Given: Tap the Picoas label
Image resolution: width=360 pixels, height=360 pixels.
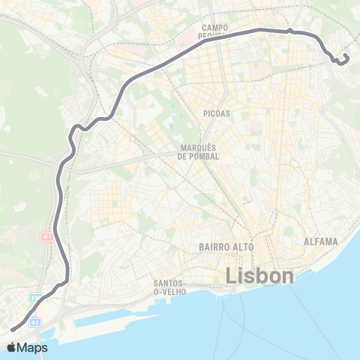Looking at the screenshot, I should [x=215, y=113].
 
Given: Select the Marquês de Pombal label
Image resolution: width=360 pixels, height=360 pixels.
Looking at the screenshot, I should [x=198, y=151].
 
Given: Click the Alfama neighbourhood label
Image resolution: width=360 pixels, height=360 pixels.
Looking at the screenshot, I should [x=321, y=241].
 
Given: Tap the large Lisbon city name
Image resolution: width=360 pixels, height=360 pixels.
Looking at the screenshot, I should [x=259, y=276].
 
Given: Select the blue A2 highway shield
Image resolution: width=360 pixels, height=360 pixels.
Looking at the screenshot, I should [x=34, y=322].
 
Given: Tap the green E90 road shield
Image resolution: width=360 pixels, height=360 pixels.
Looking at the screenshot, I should [x=34, y=298].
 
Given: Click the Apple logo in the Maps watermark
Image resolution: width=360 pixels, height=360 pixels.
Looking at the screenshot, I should [x=12, y=347].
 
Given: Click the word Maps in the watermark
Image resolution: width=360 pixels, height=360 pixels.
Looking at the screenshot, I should [x=33, y=347].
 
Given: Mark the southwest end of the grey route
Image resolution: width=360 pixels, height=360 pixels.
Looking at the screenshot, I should [x=11, y=328].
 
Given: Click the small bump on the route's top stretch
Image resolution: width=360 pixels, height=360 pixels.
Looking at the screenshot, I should [x=289, y=31].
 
